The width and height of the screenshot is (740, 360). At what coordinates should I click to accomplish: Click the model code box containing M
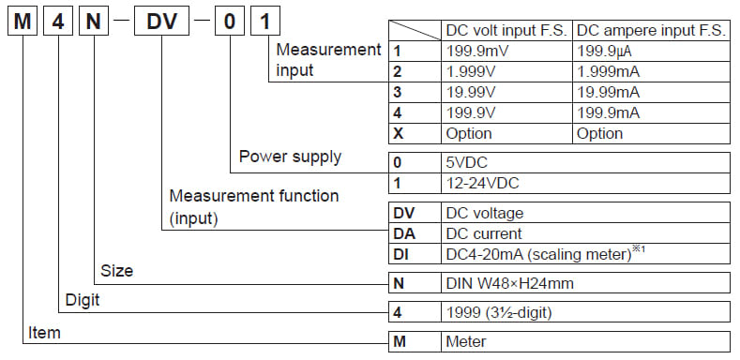pos(22,22)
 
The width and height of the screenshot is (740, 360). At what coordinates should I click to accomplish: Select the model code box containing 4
pos(56,22)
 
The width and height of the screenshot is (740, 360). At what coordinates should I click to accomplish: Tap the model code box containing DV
pos(161,22)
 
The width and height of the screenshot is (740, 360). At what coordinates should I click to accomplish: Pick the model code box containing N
pos(92,22)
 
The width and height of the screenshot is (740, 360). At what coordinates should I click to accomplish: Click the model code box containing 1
pos(264,22)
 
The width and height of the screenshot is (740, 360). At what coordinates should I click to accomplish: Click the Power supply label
pos(290,156)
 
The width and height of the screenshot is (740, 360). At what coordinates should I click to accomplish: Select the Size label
pos(116,271)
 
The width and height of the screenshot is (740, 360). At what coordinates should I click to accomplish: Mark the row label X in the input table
pos(398,132)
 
